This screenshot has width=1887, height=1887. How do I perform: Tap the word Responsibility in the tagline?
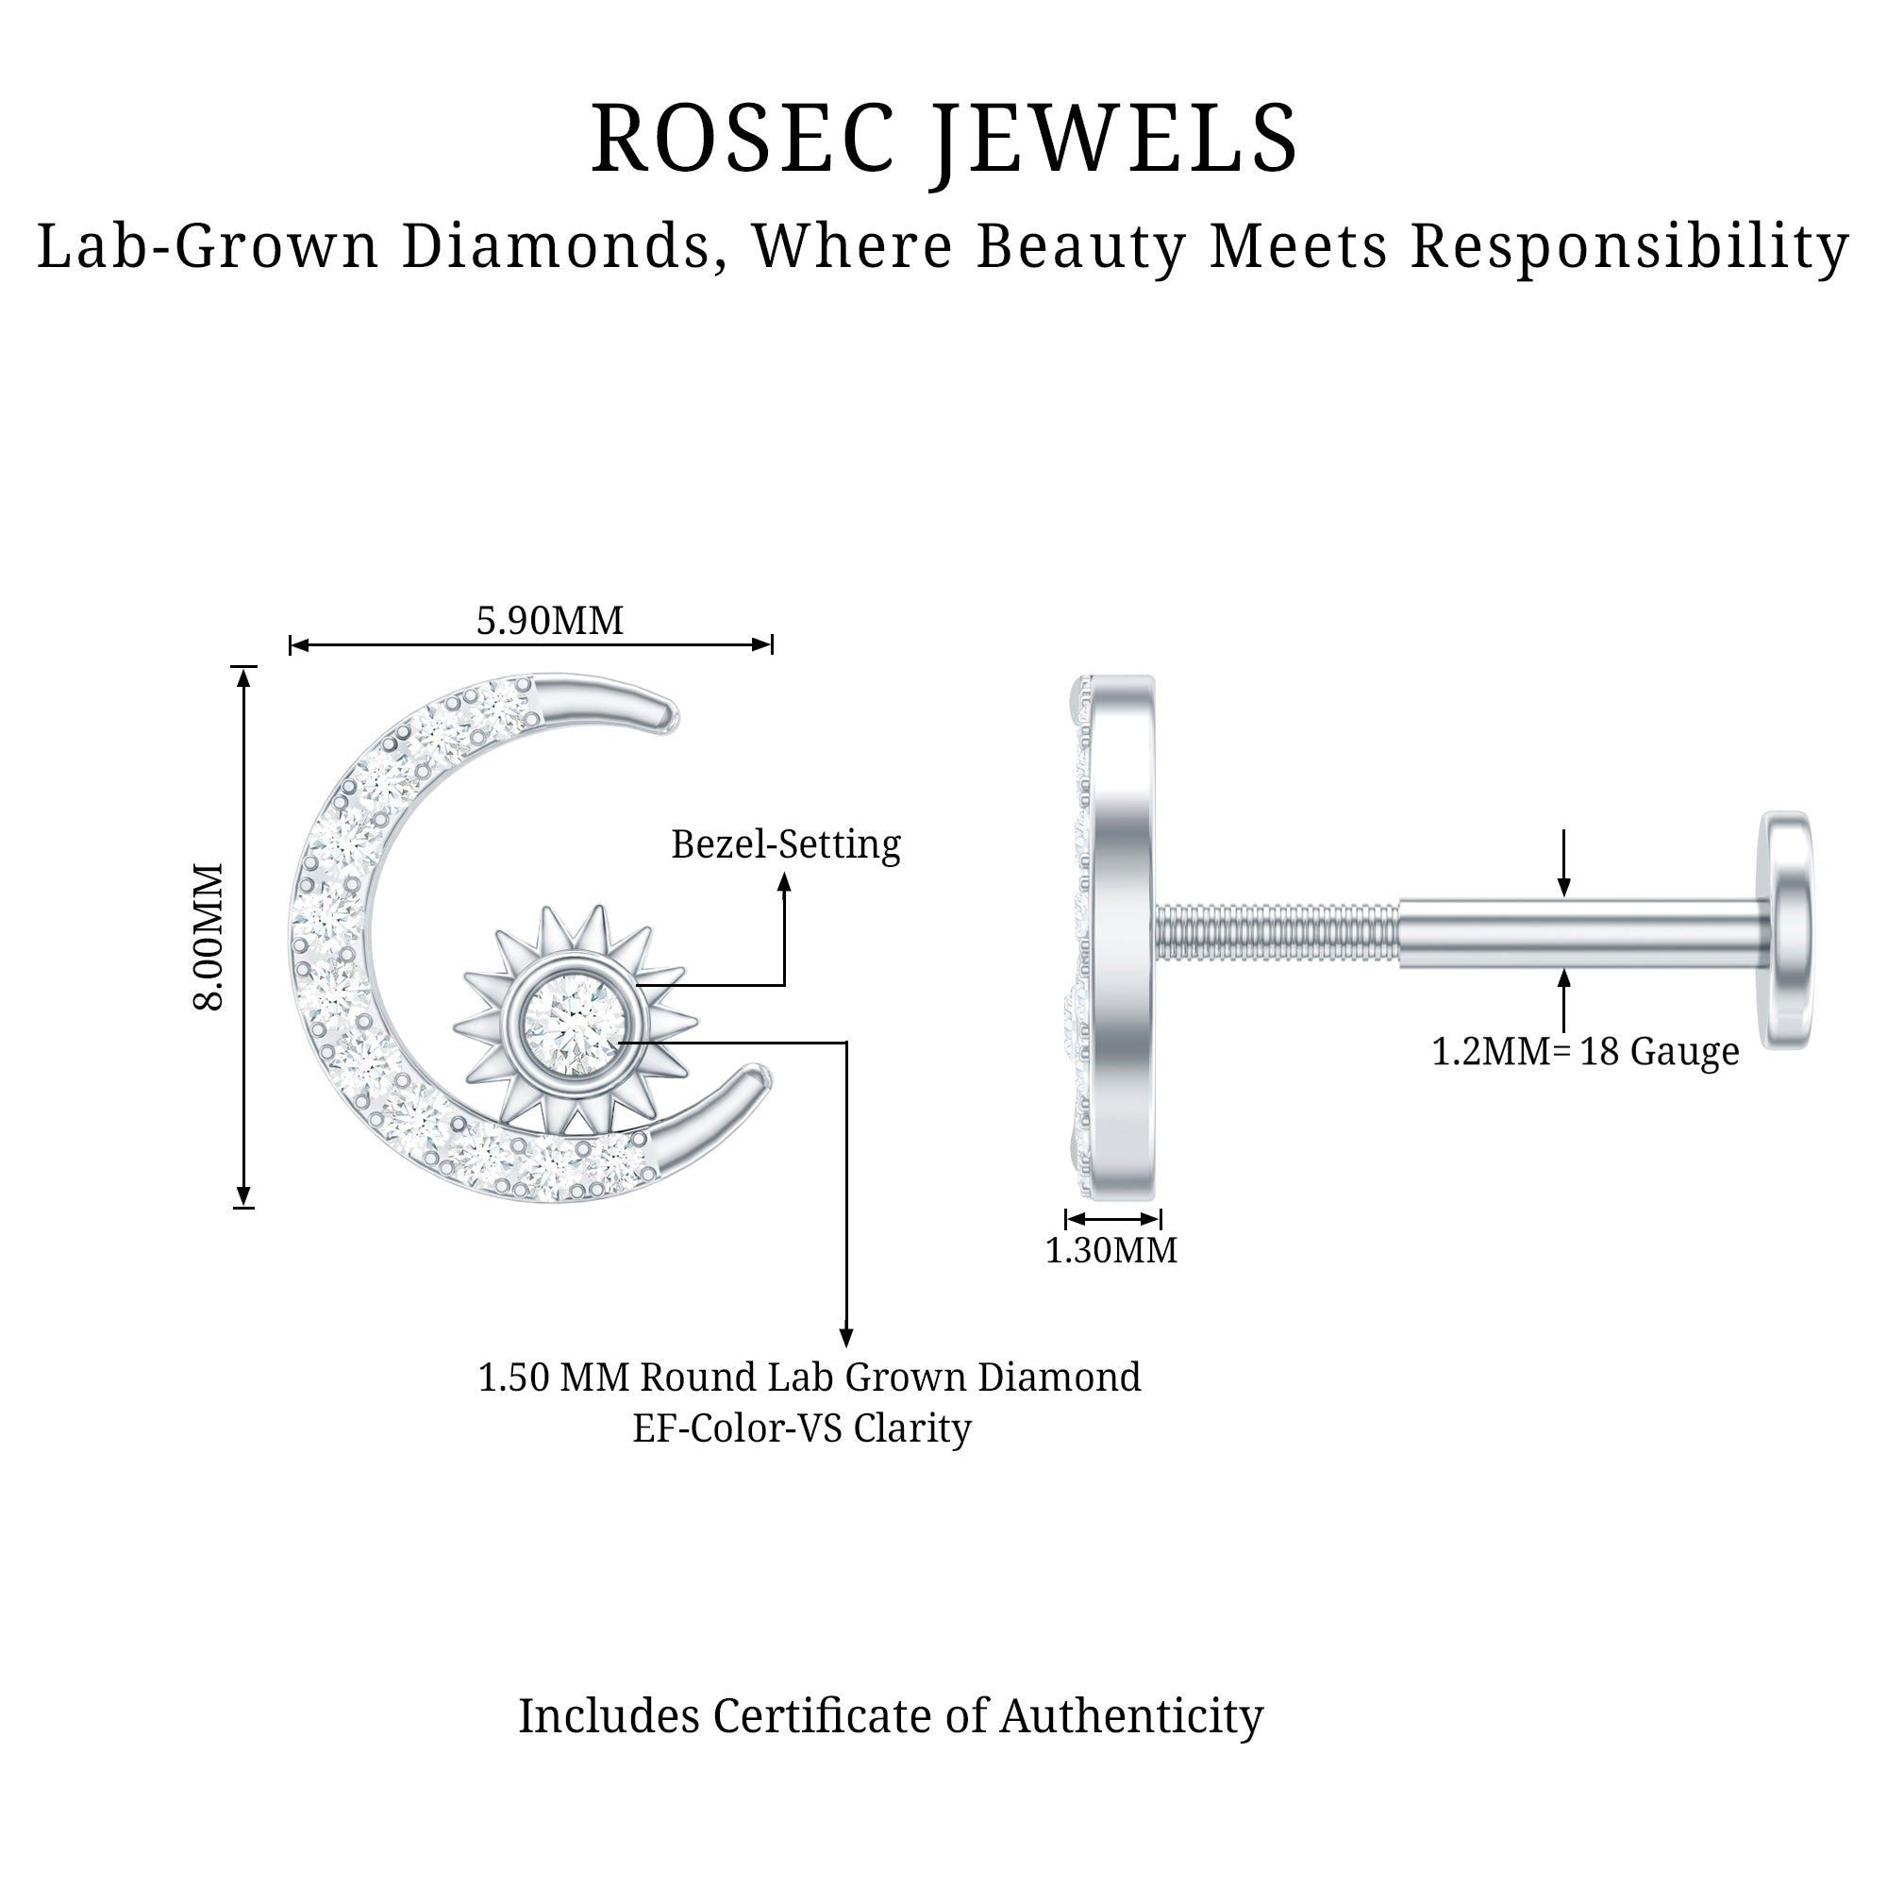click(x=1629, y=246)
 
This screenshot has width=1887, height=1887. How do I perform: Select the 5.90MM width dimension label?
click(x=549, y=621)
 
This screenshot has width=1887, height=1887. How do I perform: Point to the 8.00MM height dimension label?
click(x=209, y=937)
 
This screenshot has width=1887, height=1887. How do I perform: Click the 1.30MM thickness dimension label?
click(x=1111, y=1250)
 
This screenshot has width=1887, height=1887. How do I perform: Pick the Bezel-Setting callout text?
click(x=785, y=844)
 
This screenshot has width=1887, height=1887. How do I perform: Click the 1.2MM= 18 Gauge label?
click(x=1584, y=1052)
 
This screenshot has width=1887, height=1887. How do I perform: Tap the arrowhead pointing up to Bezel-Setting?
click(x=783, y=881)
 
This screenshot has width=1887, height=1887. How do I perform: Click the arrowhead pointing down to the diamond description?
click(x=847, y=1337)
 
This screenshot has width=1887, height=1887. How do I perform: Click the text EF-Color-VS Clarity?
click(x=802, y=1428)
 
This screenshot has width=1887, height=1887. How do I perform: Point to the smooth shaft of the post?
click(x=1582, y=934)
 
